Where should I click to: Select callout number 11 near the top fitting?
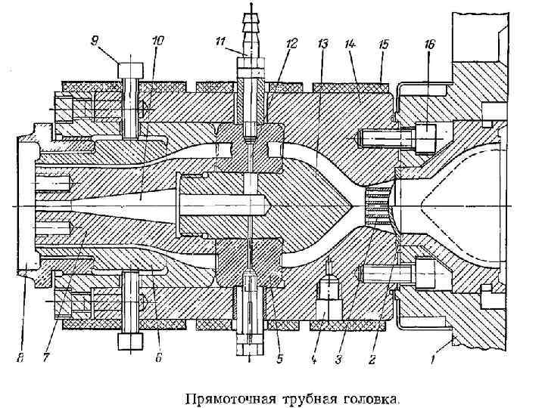[x=221, y=43]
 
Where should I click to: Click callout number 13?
[x=323, y=45]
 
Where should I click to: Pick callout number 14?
[x=350, y=45]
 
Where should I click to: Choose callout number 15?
[x=383, y=45]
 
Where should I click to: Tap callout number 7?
[x=46, y=360]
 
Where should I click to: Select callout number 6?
[x=158, y=360]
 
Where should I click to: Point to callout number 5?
[x=280, y=360]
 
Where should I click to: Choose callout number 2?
[x=373, y=360]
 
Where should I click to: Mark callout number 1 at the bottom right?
[x=434, y=360]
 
